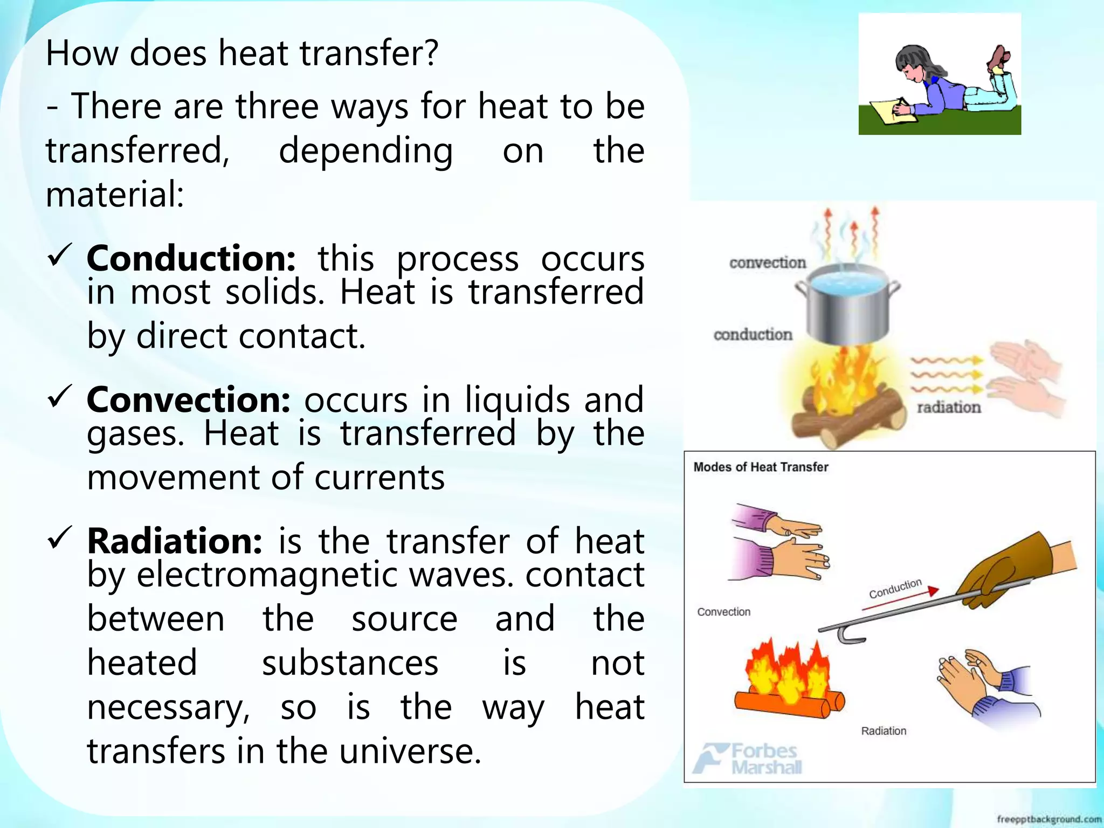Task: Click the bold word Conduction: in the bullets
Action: [x=191, y=259]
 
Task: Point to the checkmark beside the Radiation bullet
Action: [x=60, y=537]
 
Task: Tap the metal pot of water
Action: [x=847, y=307]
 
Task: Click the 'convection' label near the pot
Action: [x=767, y=263]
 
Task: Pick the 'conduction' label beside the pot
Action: [x=753, y=335]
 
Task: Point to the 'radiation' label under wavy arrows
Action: [x=949, y=408]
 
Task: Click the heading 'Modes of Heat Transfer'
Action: [x=760, y=467]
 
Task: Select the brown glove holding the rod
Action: [x=997, y=571]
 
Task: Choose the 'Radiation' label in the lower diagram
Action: [x=884, y=732]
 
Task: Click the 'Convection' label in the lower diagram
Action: [x=723, y=612]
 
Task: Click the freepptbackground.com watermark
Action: [x=1048, y=819]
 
